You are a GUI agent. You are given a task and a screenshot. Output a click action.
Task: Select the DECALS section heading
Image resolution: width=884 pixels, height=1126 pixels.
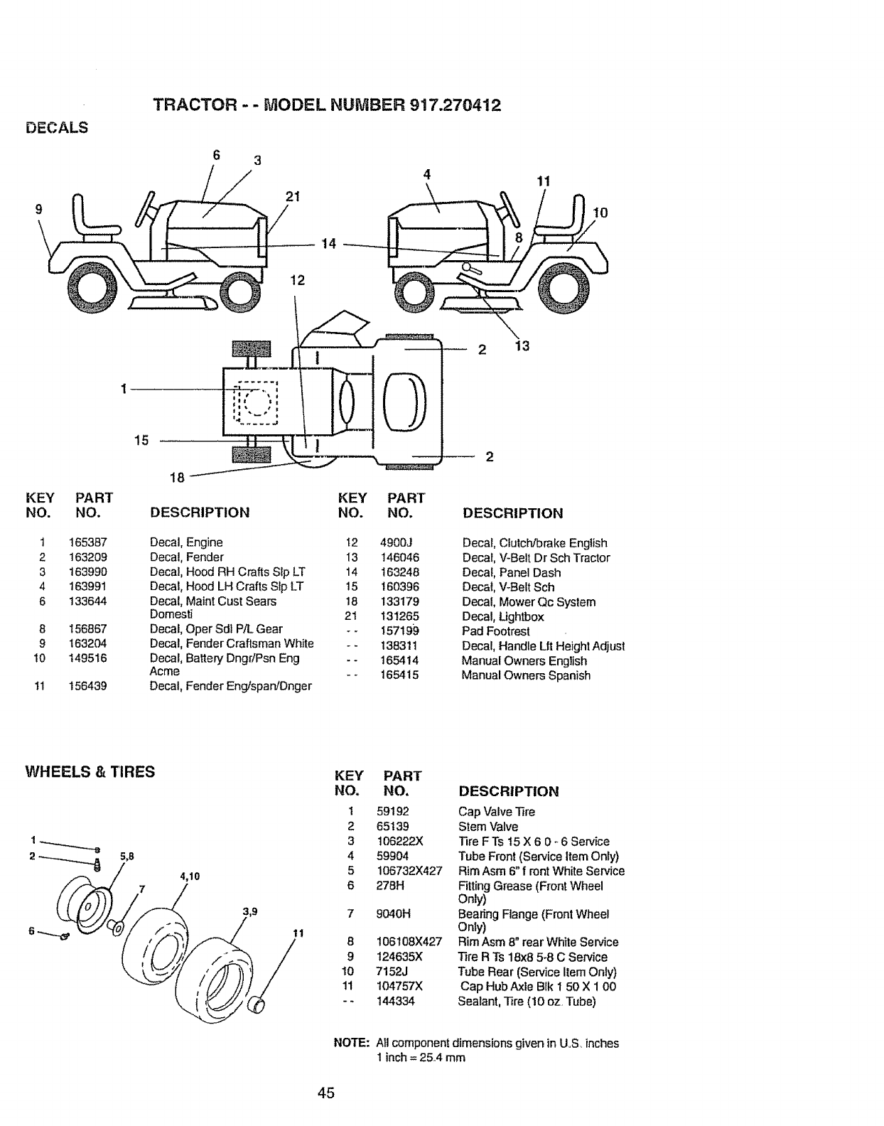point(57,128)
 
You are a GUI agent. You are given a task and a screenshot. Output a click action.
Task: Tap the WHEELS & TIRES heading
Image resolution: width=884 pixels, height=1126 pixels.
point(90,771)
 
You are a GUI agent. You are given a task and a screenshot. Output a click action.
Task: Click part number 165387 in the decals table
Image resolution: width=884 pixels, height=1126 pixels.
point(87,542)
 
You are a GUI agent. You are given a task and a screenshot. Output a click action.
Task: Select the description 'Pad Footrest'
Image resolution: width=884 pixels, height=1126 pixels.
point(495,631)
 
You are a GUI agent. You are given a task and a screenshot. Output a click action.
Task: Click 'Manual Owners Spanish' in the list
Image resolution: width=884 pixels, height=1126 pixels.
point(525,675)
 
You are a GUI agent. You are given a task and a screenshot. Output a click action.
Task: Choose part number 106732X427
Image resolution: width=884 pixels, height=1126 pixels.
point(409,871)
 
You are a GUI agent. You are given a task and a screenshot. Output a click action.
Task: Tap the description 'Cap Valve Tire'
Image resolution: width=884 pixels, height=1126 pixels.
point(496,812)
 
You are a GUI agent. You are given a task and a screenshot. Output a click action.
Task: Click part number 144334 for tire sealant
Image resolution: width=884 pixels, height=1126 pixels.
point(395,1001)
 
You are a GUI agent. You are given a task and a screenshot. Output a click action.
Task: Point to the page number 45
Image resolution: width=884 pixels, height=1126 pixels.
point(326,1093)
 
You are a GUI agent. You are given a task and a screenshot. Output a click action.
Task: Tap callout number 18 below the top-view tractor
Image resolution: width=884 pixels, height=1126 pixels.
point(176,478)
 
